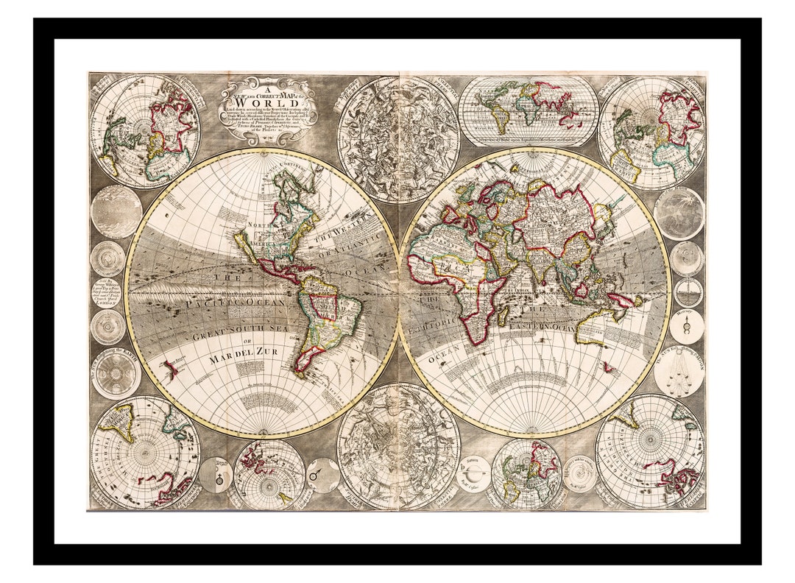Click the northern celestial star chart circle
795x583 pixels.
tap(398, 138)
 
